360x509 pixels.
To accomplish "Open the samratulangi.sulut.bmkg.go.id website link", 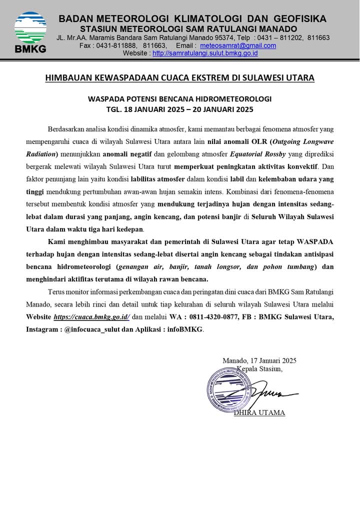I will click(205, 53).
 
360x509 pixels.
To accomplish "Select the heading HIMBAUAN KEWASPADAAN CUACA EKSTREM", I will click(179, 78).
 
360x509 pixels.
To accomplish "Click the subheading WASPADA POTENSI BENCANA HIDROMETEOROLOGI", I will click(179, 98).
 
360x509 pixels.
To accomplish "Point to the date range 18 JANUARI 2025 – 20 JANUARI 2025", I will click(190, 108).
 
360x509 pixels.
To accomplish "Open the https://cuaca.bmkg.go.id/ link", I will click(91, 317).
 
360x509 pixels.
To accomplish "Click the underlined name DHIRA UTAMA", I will click(259, 413).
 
